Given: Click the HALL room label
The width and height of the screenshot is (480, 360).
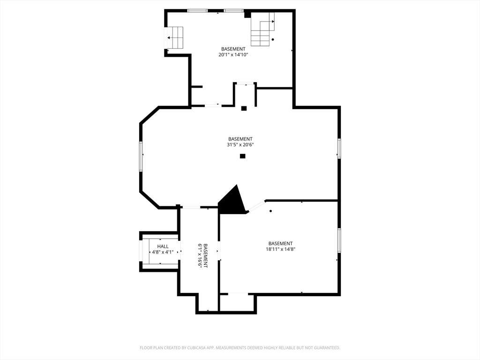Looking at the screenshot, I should pos(163,246).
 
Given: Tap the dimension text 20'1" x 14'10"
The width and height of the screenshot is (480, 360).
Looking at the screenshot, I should pos(233,55).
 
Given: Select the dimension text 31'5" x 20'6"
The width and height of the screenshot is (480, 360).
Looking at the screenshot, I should pos(240,145).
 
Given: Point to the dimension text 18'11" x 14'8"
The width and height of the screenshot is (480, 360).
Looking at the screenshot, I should pos(280,249).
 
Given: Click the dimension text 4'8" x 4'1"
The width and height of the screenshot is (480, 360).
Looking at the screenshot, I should pos(162,252).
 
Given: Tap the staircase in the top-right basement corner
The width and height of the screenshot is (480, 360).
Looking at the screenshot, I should pos(262,30).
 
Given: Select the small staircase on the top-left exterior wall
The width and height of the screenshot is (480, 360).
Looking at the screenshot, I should pos(175,37).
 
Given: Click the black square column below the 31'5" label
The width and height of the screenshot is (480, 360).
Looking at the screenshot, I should pos(242,156).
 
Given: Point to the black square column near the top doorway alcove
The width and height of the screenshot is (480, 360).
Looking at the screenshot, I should pos(244,108).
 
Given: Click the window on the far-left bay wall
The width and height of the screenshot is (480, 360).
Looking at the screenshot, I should pos(141,155).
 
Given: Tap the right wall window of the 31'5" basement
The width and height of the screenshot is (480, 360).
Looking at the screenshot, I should pos(339,148).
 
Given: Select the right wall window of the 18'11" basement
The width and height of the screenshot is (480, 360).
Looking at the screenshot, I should pos(339,240).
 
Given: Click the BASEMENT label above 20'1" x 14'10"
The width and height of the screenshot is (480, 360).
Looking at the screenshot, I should pos(233,49).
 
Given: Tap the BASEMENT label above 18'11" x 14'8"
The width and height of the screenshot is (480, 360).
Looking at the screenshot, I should pos(280,243).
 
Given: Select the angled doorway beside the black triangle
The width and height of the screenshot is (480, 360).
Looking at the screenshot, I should pos(256,206).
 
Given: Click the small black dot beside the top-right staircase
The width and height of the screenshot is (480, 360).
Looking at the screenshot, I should pos(273,39).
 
